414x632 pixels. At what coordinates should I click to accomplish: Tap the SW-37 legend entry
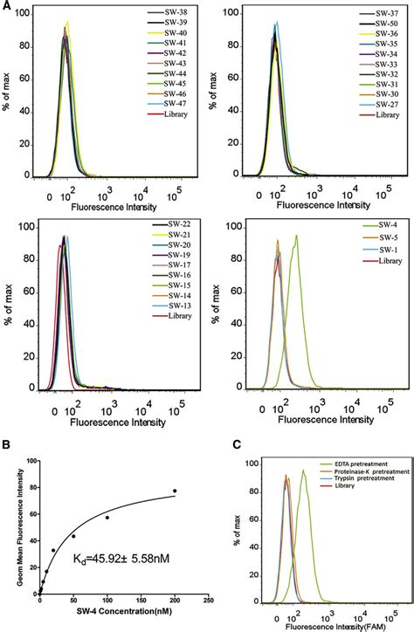(x=377, y=15)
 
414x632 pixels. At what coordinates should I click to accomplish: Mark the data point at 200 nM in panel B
(x=175, y=491)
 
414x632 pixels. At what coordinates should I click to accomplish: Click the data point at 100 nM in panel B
(x=107, y=518)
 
